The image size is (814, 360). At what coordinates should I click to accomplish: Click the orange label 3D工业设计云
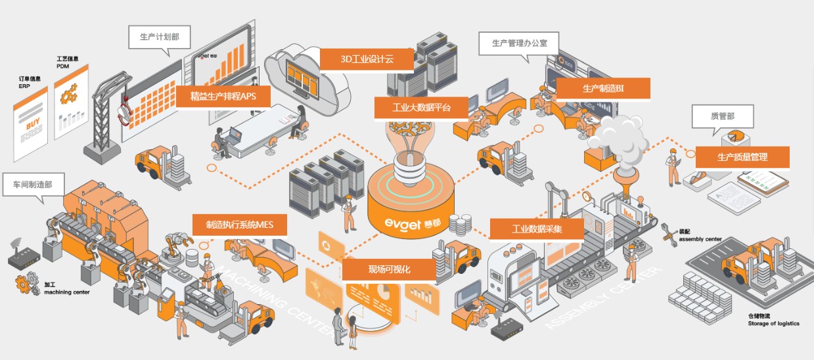(367, 59)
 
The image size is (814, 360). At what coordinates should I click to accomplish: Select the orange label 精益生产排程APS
(223, 97)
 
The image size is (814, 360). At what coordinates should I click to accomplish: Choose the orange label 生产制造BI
(602, 89)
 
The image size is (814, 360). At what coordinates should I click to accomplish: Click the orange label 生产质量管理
(742, 158)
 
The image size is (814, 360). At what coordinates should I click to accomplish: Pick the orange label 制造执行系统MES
(239, 225)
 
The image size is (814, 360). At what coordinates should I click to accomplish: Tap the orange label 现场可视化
(388, 269)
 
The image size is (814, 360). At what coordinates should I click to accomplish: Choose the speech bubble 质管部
(722, 116)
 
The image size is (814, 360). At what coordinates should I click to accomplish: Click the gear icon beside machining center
(28, 284)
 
